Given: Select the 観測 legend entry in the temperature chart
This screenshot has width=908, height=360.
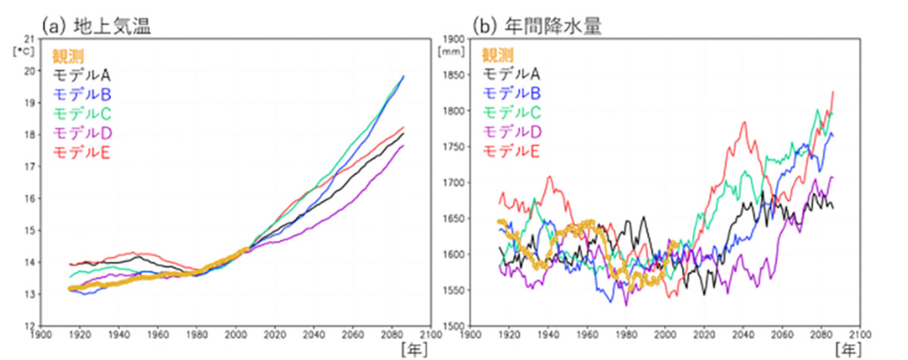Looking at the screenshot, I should pos(68,55).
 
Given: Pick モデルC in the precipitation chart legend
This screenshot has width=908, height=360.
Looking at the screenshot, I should pos(511,113).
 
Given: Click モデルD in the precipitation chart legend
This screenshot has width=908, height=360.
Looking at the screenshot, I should pos(511,133).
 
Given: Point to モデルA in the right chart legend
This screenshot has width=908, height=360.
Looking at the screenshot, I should pos(511,74).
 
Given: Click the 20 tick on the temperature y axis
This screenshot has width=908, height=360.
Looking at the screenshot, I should pos(30,71).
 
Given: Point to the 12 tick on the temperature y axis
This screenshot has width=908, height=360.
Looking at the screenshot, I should pos(30,326).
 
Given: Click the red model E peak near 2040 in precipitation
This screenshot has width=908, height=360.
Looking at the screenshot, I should pos(744,123).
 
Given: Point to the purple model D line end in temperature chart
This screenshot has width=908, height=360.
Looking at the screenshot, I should pos(403,145).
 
